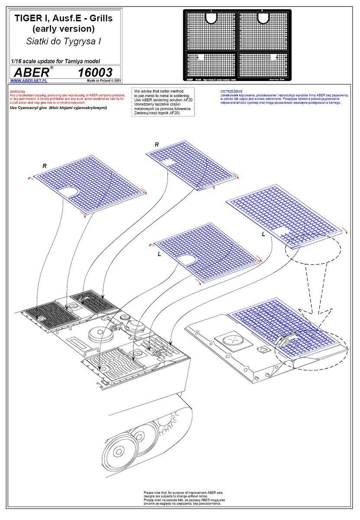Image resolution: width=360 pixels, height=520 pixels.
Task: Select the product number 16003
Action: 96,72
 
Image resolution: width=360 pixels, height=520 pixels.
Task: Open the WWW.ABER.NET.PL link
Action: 29,81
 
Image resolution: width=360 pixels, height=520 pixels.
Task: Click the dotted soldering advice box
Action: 163,102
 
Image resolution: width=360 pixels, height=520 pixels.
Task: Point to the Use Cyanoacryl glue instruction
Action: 58,107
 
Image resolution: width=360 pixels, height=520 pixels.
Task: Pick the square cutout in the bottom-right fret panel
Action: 273,57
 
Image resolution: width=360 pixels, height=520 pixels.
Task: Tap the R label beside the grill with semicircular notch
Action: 45,166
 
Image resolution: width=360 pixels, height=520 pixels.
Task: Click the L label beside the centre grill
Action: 159,254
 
